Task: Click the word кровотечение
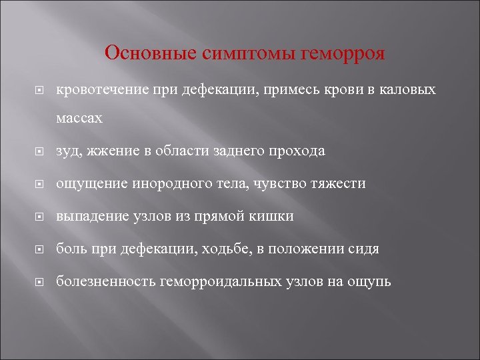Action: tap(101, 89)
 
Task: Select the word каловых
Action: tap(408, 89)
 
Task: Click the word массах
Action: tap(79, 118)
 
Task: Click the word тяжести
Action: tap(338, 183)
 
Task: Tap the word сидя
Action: tap(363, 249)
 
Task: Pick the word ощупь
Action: tap(369, 282)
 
